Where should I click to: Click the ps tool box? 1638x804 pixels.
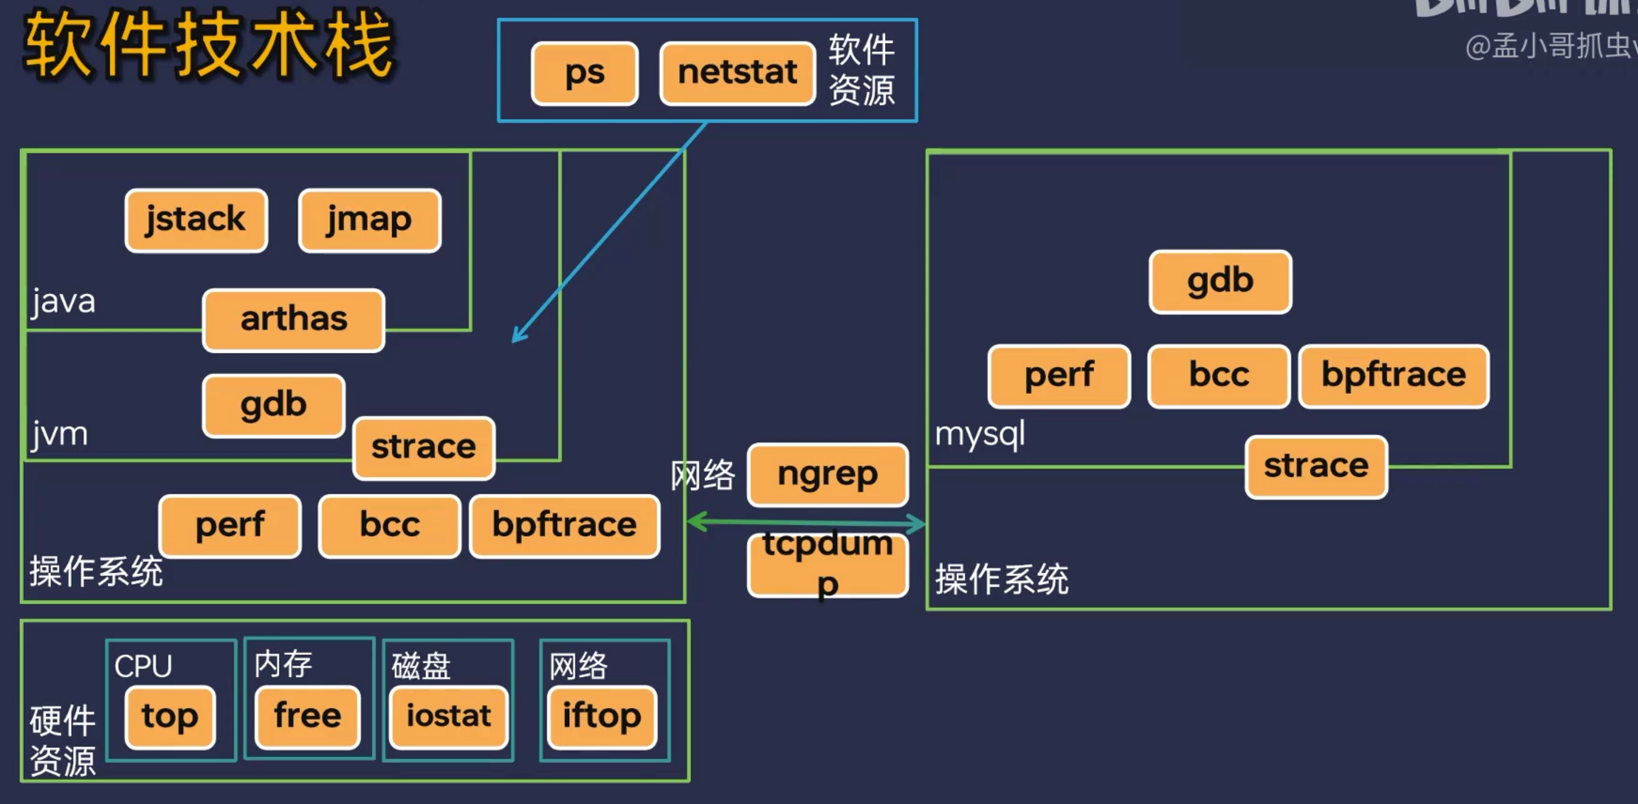(x=585, y=73)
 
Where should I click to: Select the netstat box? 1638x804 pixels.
(x=737, y=73)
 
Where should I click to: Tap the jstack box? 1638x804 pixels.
(x=196, y=220)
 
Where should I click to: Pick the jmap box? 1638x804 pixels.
(x=369, y=220)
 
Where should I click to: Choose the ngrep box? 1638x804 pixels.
(x=827, y=474)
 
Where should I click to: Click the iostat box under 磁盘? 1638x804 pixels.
(x=448, y=716)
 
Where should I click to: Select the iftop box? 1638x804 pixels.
(x=601, y=716)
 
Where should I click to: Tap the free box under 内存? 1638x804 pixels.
(x=307, y=716)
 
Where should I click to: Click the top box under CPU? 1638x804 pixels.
(x=170, y=716)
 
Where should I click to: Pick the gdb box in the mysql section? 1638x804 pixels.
(x=1220, y=281)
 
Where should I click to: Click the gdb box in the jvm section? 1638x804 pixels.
(x=273, y=405)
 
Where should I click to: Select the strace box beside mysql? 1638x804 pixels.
(x=1316, y=466)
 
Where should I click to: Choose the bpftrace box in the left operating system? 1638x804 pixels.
(x=564, y=526)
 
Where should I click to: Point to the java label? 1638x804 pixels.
(x=63, y=301)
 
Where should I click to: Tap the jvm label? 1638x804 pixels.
(x=59, y=434)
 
